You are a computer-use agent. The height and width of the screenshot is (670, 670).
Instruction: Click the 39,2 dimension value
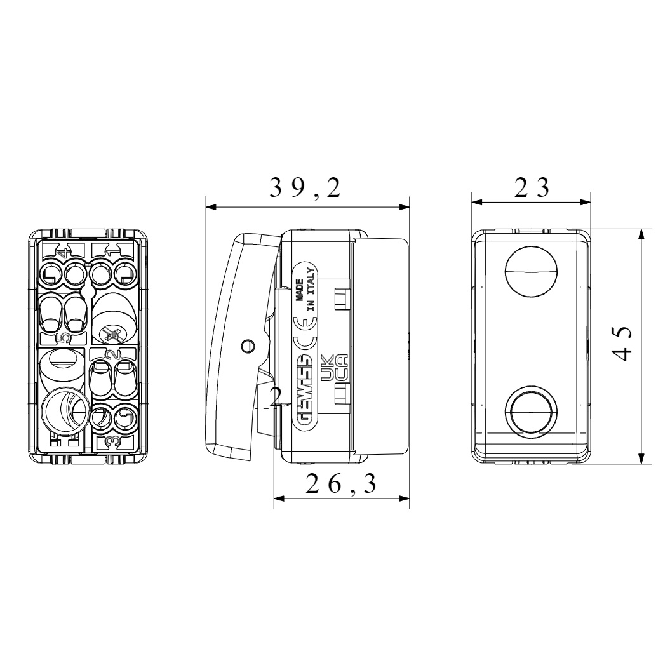pyautogui.click(x=305, y=188)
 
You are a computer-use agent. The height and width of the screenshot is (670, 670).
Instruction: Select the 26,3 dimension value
pyautogui.click(x=342, y=484)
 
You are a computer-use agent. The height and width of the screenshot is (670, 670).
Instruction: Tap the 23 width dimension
pyautogui.click(x=532, y=187)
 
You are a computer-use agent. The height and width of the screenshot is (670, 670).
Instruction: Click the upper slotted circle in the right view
pyautogui.click(x=531, y=271)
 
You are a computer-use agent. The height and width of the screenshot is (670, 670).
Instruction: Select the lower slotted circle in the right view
pyautogui.click(x=531, y=411)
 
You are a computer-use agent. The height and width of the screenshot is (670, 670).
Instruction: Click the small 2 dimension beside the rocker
pyautogui.click(x=276, y=397)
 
